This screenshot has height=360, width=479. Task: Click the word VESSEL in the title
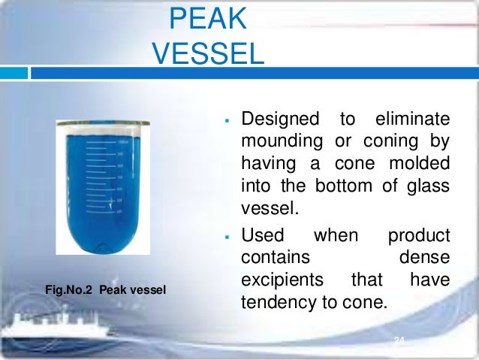point(208,53)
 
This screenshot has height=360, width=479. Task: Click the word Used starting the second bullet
point(262,237)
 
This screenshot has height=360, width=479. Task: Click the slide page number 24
point(399,342)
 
